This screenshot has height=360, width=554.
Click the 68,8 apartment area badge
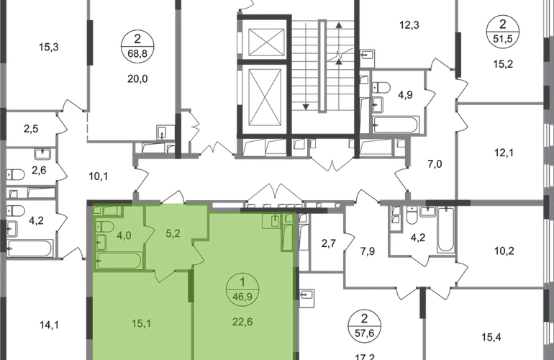pyautogui.click(x=137, y=46)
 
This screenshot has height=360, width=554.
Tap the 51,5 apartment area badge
pyautogui.click(x=503, y=31)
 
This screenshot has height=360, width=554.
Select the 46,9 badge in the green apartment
pyautogui.click(x=242, y=289)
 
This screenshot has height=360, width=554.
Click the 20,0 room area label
pyautogui.click(x=137, y=79)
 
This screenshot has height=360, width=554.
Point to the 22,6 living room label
pyautogui.click(x=242, y=322)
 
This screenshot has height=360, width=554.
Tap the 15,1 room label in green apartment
pyautogui.click(x=142, y=323)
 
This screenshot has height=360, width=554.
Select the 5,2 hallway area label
pyautogui.click(x=173, y=234)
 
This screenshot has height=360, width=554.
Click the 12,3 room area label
pyautogui.click(x=409, y=25)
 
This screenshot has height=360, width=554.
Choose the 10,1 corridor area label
pyautogui.click(x=99, y=176)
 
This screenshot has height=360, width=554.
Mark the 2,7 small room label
pyautogui.click(x=329, y=243)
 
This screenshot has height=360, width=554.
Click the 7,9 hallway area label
pyautogui.click(x=368, y=251)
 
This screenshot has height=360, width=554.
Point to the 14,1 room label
pyautogui.click(x=49, y=325)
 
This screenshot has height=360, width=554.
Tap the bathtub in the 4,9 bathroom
pyautogui.click(x=396, y=125)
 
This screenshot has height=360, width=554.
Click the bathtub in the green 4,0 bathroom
pyautogui.click(x=119, y=261)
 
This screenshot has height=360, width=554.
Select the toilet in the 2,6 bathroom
pyautogui.click(x=16, y=175)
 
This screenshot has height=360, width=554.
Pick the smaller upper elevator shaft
pyautogui.click(x=266, y=42)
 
